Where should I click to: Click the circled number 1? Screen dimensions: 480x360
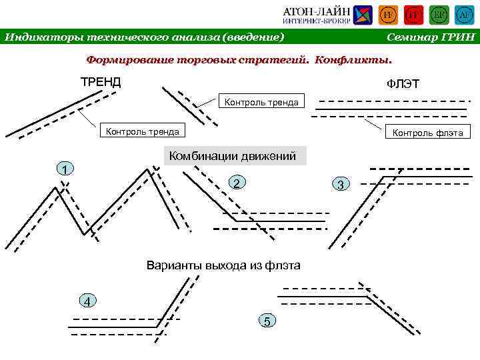point(63,169)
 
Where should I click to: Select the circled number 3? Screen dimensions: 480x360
point(340,184)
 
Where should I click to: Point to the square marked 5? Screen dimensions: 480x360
point(267,321)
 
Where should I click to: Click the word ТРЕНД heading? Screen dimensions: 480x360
point(101,82)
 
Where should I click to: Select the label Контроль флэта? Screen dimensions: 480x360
point(427,133)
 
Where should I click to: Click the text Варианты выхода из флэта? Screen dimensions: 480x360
point(223,265)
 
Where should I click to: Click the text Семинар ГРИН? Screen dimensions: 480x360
point(430,37)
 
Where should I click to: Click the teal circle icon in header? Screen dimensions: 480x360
point(465,15)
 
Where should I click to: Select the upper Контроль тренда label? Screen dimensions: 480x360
point(261,102)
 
